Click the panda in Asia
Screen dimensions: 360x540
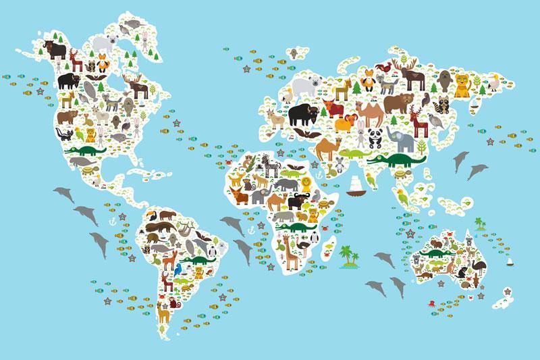point(373,138)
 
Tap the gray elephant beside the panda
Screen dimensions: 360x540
point(404,140)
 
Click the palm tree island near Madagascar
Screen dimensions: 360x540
point(349,257)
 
